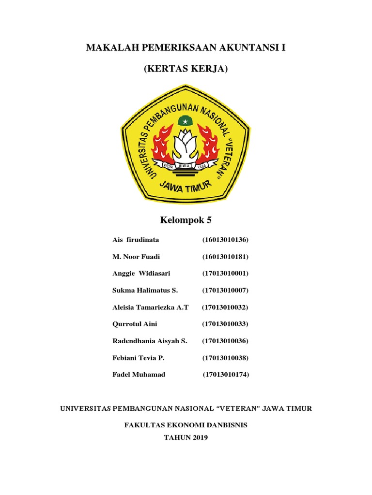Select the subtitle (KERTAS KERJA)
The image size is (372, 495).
[186, 69]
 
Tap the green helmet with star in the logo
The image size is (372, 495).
[185, 120]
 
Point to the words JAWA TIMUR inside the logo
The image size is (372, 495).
[186, 186]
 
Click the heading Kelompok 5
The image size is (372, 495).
[186, 220]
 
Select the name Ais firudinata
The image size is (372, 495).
[136, 240]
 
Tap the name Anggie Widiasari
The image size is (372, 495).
[141, 274]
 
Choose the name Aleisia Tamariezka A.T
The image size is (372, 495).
[150, 307]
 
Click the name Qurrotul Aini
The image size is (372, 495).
[135, 324]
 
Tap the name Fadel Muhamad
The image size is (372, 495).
[139, 375]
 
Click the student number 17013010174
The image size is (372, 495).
[226, 375]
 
